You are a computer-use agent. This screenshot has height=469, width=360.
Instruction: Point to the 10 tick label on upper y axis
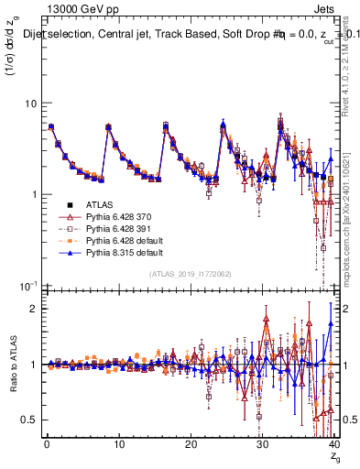pos(30,103)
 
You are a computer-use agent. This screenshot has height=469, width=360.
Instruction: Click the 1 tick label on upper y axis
pos(33,194)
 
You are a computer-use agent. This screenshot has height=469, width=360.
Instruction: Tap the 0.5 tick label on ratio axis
pos(29,420)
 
